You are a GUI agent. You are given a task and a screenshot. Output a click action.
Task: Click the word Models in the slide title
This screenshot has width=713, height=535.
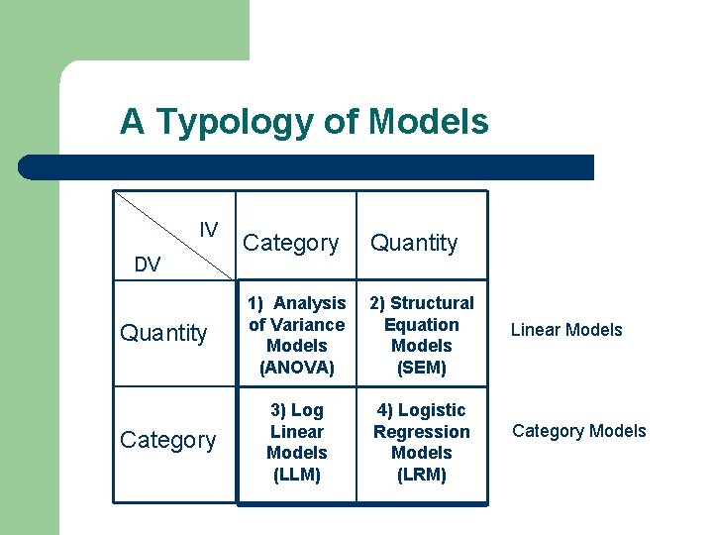[429, 122]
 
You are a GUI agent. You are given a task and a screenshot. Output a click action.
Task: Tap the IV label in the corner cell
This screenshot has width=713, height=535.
[209, 230]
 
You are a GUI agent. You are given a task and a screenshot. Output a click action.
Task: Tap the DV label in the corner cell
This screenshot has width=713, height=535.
[148, 264]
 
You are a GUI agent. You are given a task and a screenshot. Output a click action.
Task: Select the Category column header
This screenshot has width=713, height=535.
[290, 243]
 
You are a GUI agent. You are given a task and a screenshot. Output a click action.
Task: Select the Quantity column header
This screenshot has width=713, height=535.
[414, 243]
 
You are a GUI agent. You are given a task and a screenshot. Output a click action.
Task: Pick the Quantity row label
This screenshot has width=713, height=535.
[163, 333]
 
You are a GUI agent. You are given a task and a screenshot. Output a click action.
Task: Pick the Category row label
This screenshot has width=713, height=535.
[167, 440]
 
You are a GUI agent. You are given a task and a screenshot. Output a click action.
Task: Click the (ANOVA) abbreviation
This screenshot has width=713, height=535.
[297, 368]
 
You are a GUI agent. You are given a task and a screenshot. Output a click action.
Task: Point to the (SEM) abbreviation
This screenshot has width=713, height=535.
[422, 368]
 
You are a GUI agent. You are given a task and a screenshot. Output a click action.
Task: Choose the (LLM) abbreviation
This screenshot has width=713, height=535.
[297, 475]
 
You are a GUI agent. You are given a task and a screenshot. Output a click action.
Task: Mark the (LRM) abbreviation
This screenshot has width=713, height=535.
[422, 475]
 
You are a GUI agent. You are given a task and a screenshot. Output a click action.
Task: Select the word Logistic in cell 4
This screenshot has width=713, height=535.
[432, 410]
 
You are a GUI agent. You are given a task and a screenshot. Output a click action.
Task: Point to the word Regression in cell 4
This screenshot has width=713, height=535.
[422, 432]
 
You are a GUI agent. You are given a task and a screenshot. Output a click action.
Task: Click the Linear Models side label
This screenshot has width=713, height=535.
[566, 330]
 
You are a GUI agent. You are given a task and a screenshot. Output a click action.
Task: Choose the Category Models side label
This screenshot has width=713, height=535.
[578, 431]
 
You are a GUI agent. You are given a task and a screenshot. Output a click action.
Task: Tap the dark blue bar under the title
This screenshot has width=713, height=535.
[307, 167]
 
